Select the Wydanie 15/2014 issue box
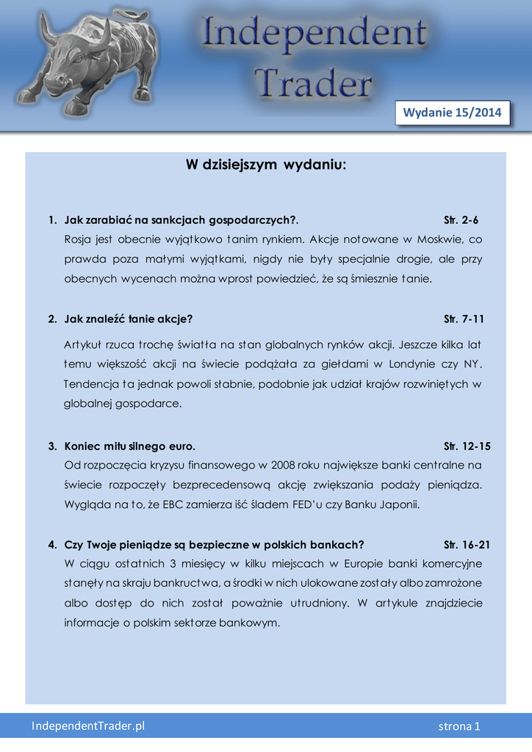[x=452, y=112]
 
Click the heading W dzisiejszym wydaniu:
[x=265, y=166]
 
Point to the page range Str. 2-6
[x=461, y=220]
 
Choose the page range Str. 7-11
[x=464, y=319]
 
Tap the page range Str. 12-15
[x=467, y=446]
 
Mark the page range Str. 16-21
[x=467, y=545]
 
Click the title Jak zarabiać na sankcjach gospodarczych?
[x=181, y=220]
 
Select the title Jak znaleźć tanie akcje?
[x=129, y=319]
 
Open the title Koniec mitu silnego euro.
[x=130, y=446]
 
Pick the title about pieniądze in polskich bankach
[x=215, y=545]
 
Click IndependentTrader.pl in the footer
[x=88, y=726]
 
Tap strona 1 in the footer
[x=459, y=726]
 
